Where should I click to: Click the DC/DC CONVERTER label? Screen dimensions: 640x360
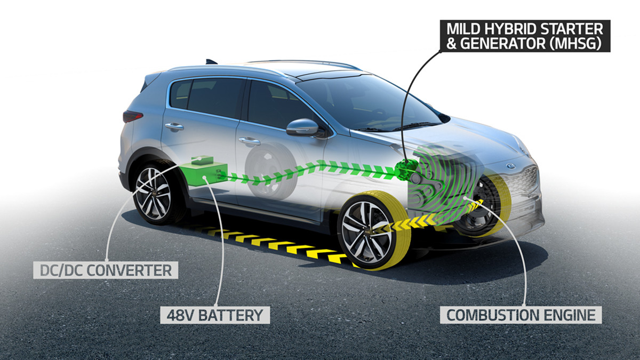pos(106,270)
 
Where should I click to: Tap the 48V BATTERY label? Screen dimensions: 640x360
pos(215,315)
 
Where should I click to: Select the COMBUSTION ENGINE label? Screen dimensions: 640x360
pos(521,315)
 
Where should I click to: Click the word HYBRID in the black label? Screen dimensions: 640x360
pos(511,29)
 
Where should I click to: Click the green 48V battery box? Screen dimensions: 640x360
pos(203,174)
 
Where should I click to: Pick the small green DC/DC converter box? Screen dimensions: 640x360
pos(203,160)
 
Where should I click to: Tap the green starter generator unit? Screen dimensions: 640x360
pos(406,170)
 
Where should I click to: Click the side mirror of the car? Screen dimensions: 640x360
pos(303,127)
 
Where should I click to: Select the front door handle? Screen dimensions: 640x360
pos(249,141)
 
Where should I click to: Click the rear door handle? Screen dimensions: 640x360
pos(174,126)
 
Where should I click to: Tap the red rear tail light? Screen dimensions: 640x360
pos(132,116)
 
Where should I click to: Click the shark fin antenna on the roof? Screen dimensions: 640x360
pos(211,62)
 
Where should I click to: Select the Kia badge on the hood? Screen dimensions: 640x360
pos(510,166)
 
